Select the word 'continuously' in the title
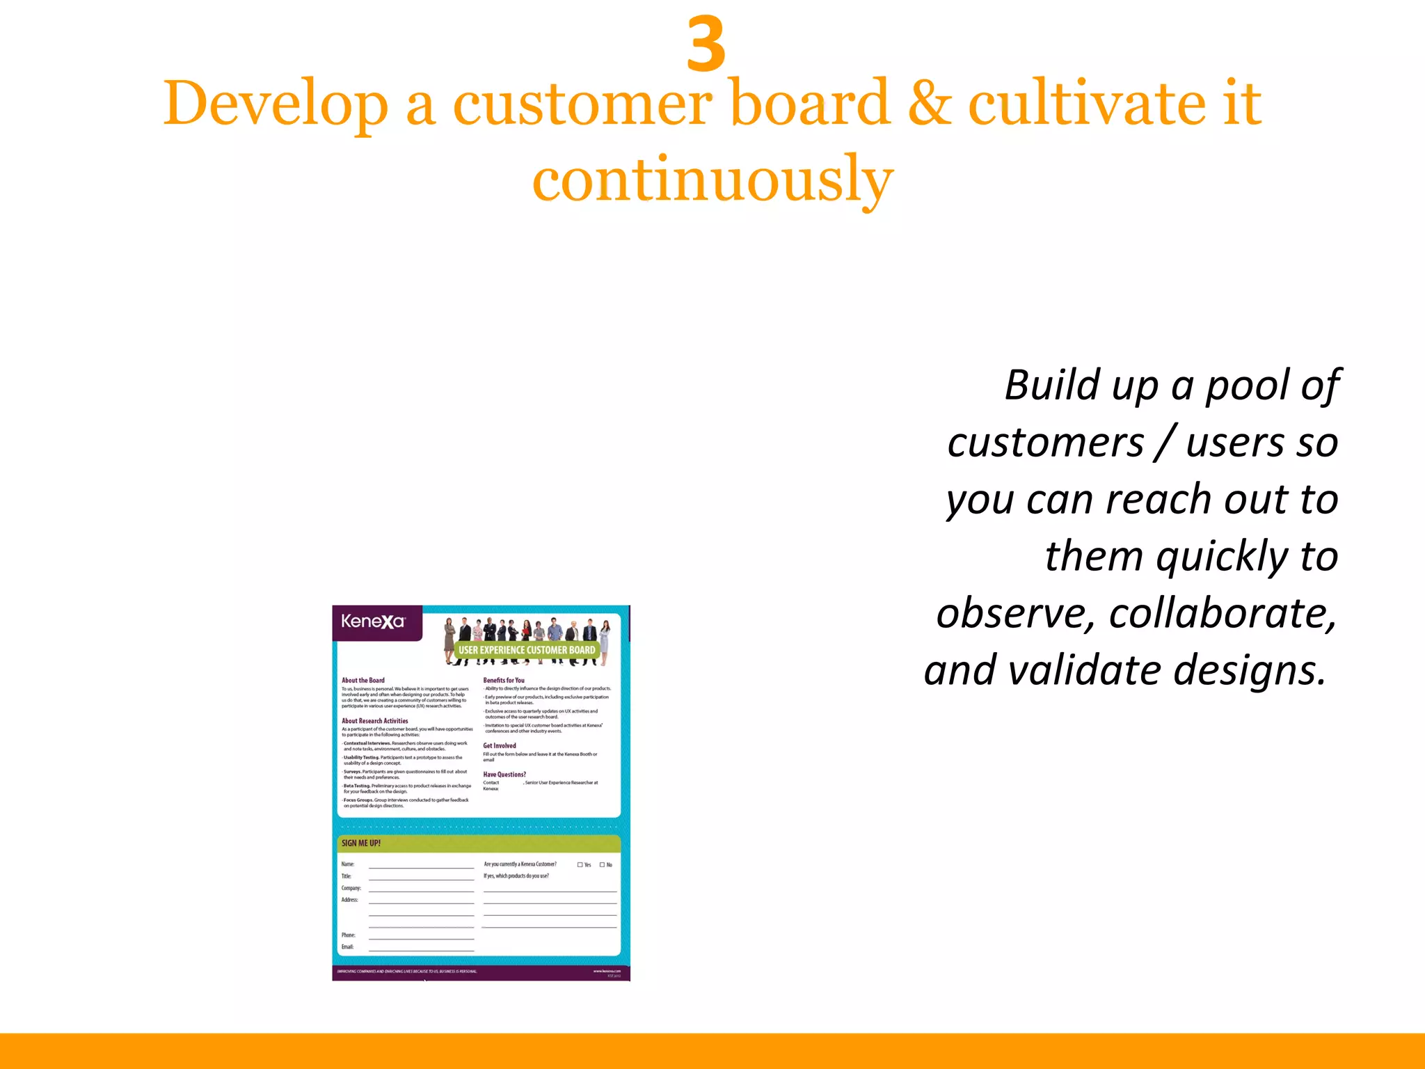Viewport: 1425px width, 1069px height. [x=712, y=180]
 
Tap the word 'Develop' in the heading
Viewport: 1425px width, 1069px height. [x=276, y=104]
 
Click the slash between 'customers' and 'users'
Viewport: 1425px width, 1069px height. [x=1165, y=442]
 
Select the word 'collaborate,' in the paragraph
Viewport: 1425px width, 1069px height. [x=1223, y=613]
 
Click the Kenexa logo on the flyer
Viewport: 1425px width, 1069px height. [x=372, y=621]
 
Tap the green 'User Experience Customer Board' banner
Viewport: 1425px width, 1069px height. [x=527, y=650]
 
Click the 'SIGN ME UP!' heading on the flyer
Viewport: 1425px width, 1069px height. [x=361, y=843]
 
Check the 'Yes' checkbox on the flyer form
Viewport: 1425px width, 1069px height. [x=580, y=865]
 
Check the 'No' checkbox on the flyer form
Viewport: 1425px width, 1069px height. [x=602, y=865]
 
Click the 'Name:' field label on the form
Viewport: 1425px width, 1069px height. [x=348, y=864]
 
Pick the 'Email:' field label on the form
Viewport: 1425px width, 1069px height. [x=348, y=947]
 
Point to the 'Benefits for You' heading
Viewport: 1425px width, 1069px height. [x=504, y=680]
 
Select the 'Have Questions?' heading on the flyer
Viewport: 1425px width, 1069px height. [x=504, y=774]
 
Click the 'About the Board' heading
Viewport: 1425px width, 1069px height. [x=363, y=680]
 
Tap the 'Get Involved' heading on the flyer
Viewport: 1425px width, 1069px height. [x=500, y=745]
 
